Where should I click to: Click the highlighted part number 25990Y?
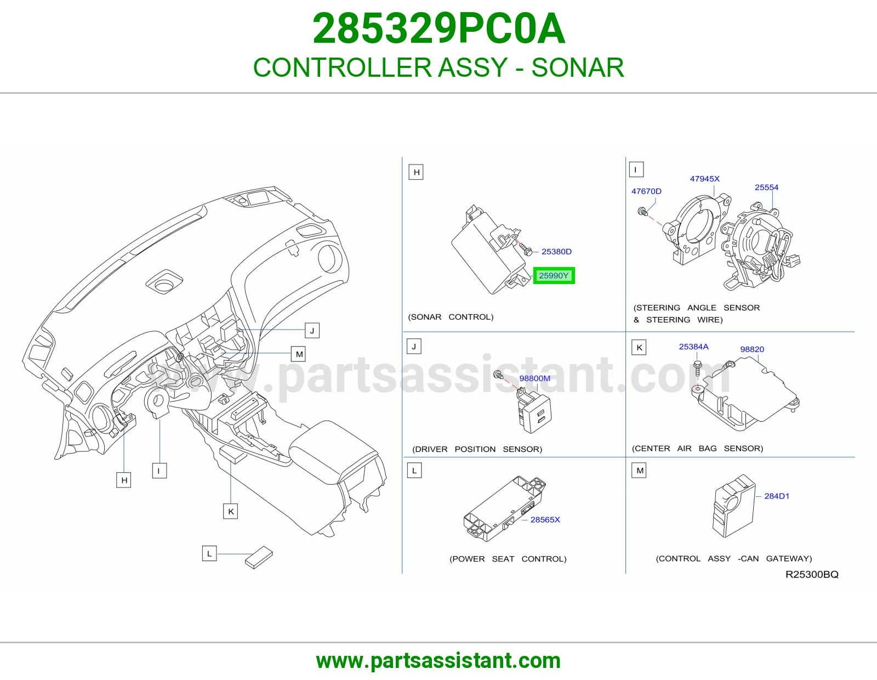click(554, 276)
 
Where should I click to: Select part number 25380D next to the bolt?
click(556, 252)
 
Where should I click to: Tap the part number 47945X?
click(705, 178)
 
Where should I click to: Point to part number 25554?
click(766, 188)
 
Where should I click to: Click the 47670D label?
click(647, 191)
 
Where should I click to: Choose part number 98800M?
click(535, 378)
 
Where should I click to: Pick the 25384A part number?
click(694, 347)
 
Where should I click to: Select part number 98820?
click(752, 349)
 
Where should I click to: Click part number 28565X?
click(545, 520)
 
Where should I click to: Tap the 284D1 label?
click(777, 496)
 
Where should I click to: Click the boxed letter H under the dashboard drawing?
click(124, 480)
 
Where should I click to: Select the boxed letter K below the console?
click(230, 511)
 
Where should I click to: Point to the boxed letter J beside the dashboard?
click(312, 331)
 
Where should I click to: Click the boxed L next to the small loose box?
click(209, 554)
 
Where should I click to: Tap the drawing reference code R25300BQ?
click(812, 575)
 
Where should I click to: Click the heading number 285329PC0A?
click(438, 29)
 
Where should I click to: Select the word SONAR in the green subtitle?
click(578, 67)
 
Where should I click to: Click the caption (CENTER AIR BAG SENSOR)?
click(697, 448)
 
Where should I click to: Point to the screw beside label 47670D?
click(642, 211)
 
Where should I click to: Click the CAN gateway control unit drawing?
click(734, 506)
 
